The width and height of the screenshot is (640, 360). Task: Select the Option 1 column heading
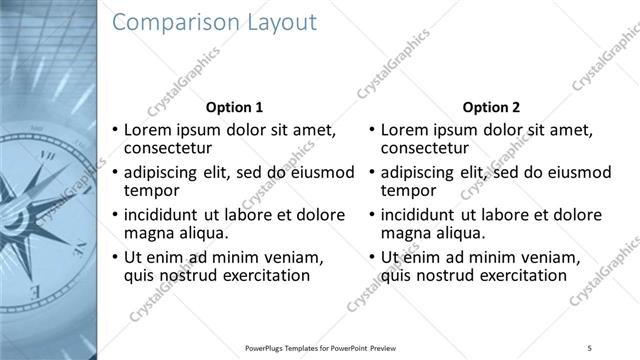point(234,107)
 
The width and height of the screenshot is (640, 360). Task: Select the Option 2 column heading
point(492,107)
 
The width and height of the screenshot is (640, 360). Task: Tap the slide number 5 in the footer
point(590,347)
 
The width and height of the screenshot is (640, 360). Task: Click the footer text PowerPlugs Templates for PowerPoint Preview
point(320,347)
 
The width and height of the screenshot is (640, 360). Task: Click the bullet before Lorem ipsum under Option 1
point(115,130)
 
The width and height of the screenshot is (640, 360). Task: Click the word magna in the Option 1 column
point(147,233)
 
